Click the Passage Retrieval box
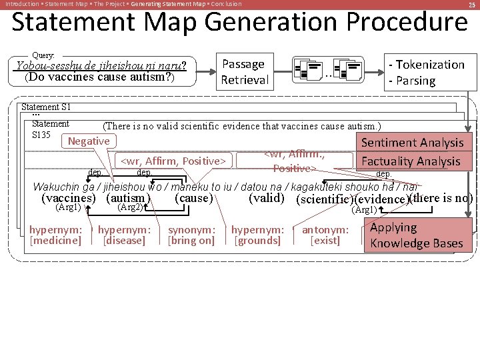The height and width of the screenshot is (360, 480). [x=245, y=72]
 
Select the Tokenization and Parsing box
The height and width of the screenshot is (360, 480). [x=427, y=72]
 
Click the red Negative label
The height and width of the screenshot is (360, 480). [x=89, y=141]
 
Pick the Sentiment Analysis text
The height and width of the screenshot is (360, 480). [x=412, y=143]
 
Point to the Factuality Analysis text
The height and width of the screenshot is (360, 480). [x=411, y=161]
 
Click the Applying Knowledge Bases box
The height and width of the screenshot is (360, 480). [x=417, y=235]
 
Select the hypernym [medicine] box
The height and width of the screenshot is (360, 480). [x=55, y=235]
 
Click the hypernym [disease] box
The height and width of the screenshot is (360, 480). [x=125, y=235]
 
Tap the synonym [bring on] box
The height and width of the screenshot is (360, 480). [x=192, y=235]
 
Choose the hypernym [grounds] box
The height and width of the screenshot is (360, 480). [x=258, y=235]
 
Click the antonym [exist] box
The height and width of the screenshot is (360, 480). [x=325, y=235]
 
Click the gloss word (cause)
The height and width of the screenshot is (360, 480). [x=193, y=198]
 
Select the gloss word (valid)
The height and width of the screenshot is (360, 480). [x=267, y=198]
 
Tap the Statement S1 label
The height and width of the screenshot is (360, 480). [x=46, y=107]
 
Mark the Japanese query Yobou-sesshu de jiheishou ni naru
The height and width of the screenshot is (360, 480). [x=101, y=65]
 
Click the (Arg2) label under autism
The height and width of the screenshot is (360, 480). [x=130, y=207]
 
